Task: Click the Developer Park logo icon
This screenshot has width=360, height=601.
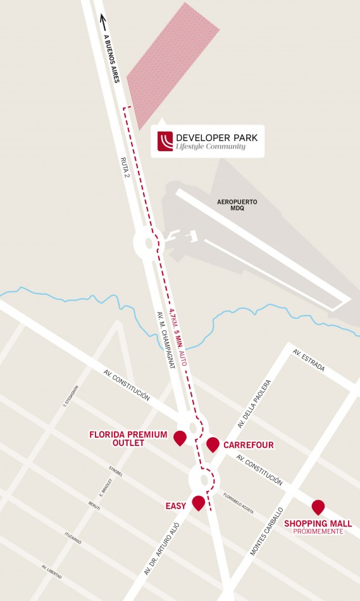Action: point(166,142)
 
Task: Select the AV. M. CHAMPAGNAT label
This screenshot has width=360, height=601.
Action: point(165,342)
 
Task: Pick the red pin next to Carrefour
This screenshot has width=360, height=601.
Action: point(213,443)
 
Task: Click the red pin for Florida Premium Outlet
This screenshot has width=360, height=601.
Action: point(180,437)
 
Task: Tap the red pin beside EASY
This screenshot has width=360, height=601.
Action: point(198,503)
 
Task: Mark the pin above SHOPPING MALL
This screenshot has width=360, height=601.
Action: point(318,506)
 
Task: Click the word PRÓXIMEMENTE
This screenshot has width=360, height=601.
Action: point(318,532)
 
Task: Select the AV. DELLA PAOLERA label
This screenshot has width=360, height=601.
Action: point(255,404)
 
